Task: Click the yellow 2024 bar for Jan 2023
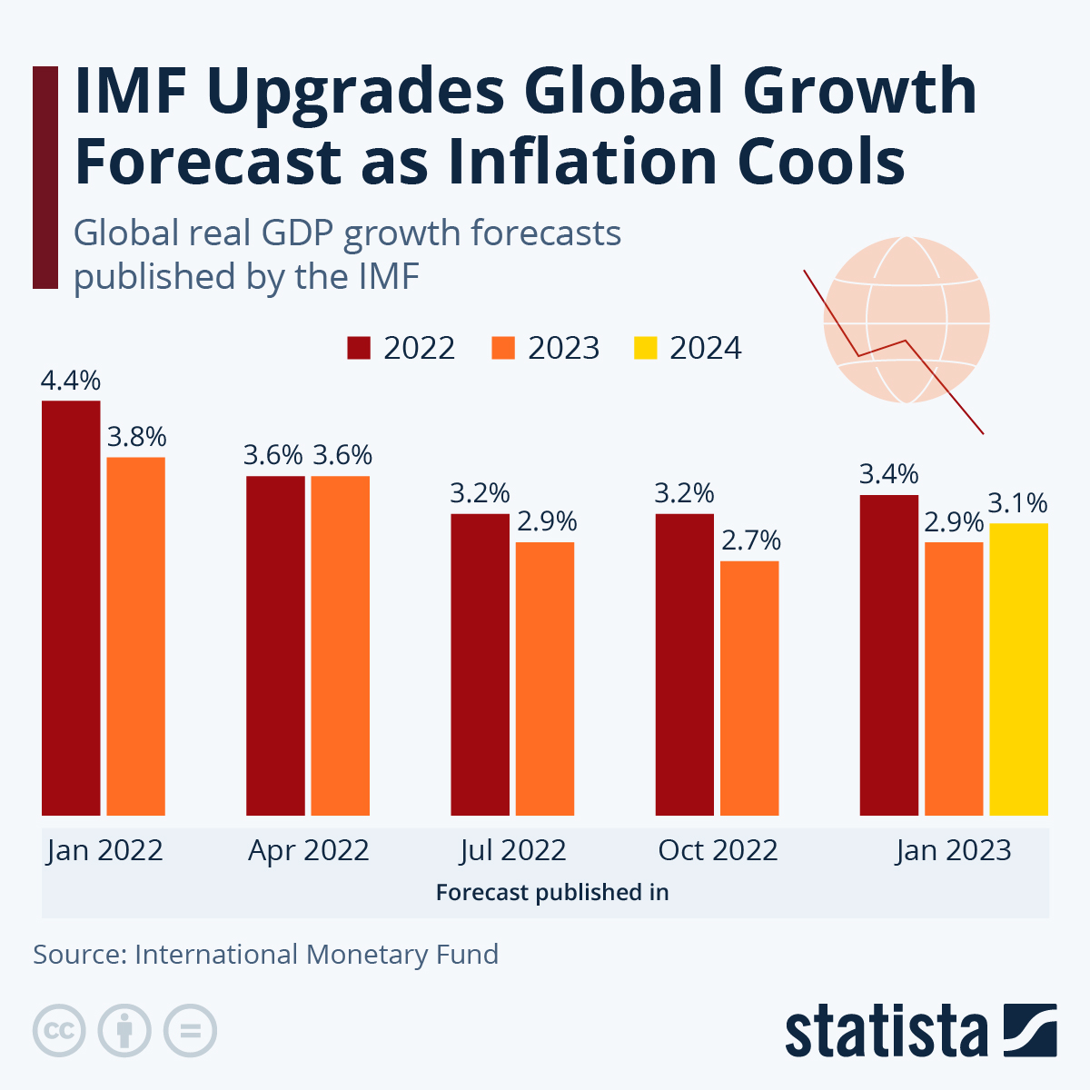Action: (1018, 669)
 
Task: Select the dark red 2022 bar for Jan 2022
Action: (71, 608)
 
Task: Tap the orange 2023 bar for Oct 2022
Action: (749, 688)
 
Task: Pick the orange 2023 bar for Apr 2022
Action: (341, 645)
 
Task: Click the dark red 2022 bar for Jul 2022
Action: (480, 664)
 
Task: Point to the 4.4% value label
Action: (71, 381)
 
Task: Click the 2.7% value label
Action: (751, 541)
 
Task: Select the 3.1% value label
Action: (1018, 503)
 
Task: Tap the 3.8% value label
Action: (137, 438)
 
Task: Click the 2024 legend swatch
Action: (645, 349)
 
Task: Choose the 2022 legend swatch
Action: (359, 349)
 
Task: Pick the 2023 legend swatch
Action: (503, 349)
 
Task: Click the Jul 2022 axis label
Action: (513, 851)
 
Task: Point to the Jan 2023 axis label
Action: (953, 851)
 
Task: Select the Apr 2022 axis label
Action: (309, 851)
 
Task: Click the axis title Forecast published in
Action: (552, 893)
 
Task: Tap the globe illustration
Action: (906, 320)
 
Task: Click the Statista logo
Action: (920, 1031)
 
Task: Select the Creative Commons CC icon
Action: (59, 1031)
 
